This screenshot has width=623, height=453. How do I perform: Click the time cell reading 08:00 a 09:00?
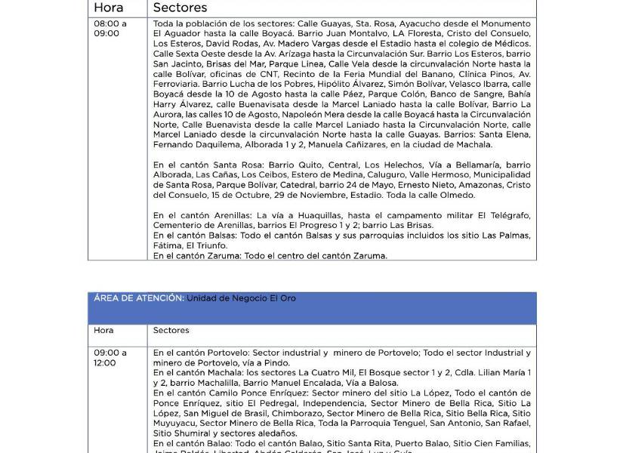coord(110,29)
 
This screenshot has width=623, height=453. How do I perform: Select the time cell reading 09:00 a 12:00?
coord(110,358)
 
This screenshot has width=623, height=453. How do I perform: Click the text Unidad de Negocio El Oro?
coord(242,298)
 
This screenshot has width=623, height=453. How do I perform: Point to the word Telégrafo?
coord(508,215)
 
